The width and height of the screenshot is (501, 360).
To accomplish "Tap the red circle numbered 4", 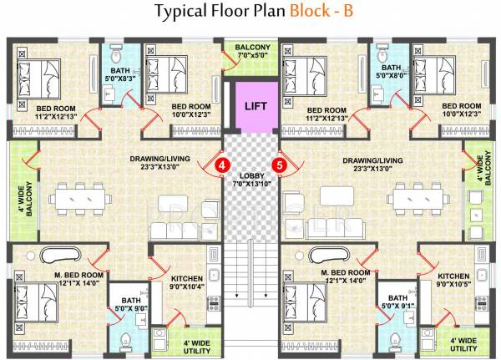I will coord(223,165).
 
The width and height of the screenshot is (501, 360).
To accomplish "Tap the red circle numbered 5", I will coord(281,165).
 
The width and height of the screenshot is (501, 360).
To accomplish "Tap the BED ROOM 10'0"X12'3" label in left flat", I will coord(190,111).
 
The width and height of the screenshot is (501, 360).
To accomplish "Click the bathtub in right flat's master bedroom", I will coord(332,255).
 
